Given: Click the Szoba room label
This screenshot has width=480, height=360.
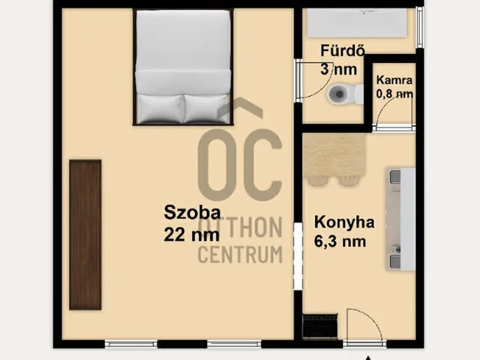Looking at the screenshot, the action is (x=192, y=212).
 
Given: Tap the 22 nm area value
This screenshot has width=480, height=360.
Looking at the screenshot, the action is (x=192, y=235).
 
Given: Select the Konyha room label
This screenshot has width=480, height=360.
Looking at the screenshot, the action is (x=344, y=223).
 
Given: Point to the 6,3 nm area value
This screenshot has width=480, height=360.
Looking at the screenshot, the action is (x=340, y=241).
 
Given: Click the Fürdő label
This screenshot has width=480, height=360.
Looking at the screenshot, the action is (x=343, y=50).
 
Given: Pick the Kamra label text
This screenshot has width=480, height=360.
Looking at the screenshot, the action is (x=394, y=80).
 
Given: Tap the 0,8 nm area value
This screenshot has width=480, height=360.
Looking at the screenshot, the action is (x=394, y=94).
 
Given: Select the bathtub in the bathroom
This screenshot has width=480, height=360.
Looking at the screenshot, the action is (x=357, y=23).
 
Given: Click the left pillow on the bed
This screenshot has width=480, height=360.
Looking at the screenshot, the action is (x=160, y=108).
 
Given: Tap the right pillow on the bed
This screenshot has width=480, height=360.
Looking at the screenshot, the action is (x=206, y=108).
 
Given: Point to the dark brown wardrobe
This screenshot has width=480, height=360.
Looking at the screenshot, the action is (x=85, y=235).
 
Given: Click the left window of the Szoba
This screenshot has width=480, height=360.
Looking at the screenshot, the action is (x=131, y=343).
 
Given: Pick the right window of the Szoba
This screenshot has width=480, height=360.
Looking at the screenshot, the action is (x=234, y=343).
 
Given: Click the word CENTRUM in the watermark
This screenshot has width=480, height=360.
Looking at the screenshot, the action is (x=240, y=255).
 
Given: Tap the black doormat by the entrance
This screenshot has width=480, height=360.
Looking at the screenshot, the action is (x=320, y=326).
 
